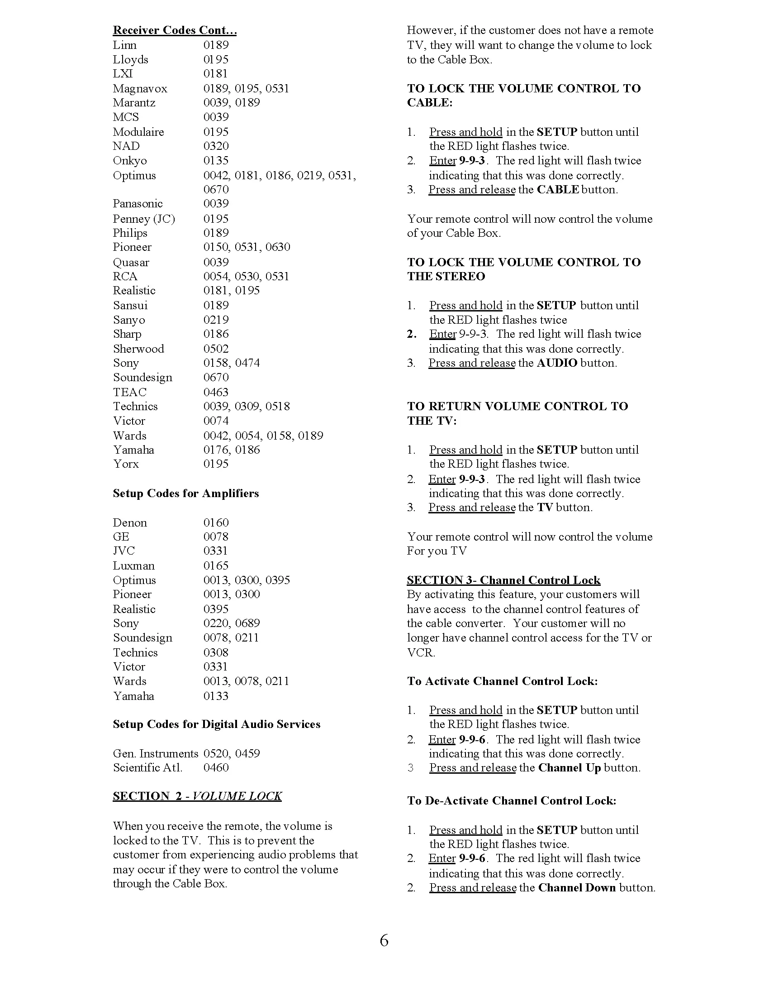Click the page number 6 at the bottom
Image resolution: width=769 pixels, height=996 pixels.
click(x=384, y=941)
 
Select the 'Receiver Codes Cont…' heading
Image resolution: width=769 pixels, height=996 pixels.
click(x=175, y=30)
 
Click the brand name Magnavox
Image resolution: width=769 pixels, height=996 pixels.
click(x=140, y=88)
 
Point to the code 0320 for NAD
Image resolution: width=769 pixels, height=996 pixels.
click(x=216, y=146)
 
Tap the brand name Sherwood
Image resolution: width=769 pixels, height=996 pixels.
click(x=138, y=349)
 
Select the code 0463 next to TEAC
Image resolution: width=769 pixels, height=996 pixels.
click(x=216, y=392)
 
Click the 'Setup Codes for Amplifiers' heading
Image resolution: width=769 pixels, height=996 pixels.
click(x=185, y=493)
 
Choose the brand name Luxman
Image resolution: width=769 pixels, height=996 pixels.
click(x=133, y=566)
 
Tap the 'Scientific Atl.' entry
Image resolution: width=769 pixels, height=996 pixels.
click(x=147, y=768)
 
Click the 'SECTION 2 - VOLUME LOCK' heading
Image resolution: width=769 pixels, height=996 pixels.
click(x=197, y=796)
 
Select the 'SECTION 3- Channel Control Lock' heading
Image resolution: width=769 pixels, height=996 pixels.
click(x=503, y=580)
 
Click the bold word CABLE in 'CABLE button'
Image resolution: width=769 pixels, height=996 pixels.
click(x=558, y=190)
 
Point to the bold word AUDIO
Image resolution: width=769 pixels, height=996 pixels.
click(x=557, y=363)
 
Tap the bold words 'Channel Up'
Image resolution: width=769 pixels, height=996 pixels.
click(x=569, y=768)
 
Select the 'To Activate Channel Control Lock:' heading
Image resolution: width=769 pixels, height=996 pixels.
click(x=502, y=681)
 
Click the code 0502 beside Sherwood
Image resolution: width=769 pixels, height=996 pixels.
click(x=216, y=349)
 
